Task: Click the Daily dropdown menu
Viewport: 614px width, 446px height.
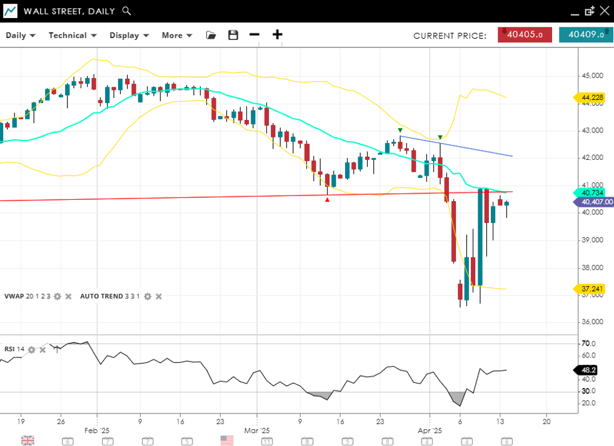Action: [21, 35]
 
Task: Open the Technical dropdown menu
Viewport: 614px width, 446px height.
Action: [73, 35]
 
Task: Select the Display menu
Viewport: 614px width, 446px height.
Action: [129, 35]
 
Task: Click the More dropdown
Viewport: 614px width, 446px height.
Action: [177, 35]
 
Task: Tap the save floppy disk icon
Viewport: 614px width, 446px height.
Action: [233, 35]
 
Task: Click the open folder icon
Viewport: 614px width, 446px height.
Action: [211, 35]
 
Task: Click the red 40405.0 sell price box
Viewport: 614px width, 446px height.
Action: [525, 35]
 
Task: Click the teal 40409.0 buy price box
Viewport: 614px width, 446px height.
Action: [585, 35]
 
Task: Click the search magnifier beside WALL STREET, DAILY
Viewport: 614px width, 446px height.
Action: [126, 11]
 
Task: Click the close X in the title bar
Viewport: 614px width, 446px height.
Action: [604, 11]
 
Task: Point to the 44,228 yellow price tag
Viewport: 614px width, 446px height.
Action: [591, 97]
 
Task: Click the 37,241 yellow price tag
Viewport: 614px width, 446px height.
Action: [591, 289]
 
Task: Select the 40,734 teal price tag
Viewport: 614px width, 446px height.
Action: [591, 192]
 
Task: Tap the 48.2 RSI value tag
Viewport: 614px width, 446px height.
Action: [589, 370]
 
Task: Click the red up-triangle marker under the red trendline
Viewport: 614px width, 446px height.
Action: [327, 199]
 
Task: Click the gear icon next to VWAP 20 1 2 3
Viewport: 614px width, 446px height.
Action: [58, 296]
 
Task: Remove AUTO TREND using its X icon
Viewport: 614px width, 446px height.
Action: [159, 296]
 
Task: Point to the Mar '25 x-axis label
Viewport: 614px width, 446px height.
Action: [256, 431]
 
